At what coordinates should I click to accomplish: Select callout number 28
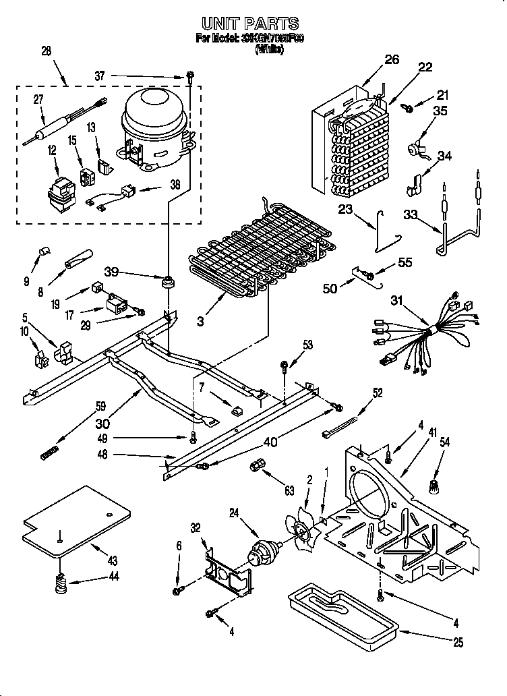pos(46,51)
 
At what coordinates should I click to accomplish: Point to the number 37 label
pos(100,77)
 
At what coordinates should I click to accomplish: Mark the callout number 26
pos(392,59)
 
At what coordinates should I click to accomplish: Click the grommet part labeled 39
pos(165,281)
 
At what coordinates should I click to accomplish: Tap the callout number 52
pos(377,395)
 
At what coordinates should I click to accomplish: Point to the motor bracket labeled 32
pos(227,571)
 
